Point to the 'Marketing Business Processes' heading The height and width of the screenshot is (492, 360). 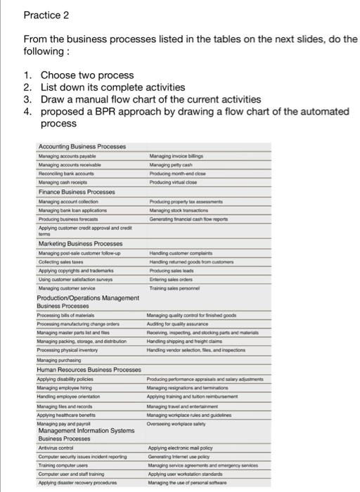coord(82,244)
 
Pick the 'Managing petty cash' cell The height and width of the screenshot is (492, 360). coord(171,164)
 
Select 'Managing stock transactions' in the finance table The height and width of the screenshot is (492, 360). coord(181,209)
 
